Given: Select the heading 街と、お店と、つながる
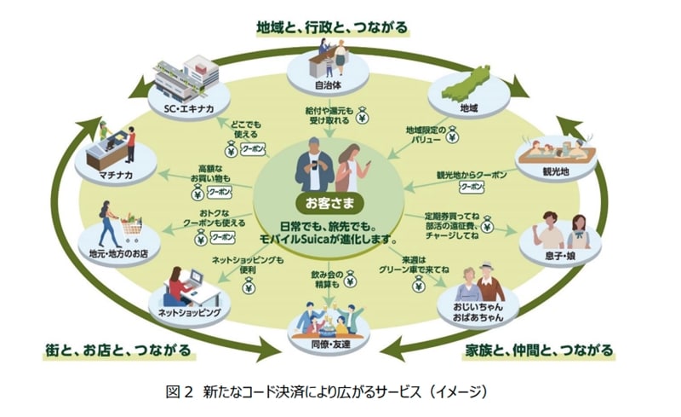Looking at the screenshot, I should click(120, 350).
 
